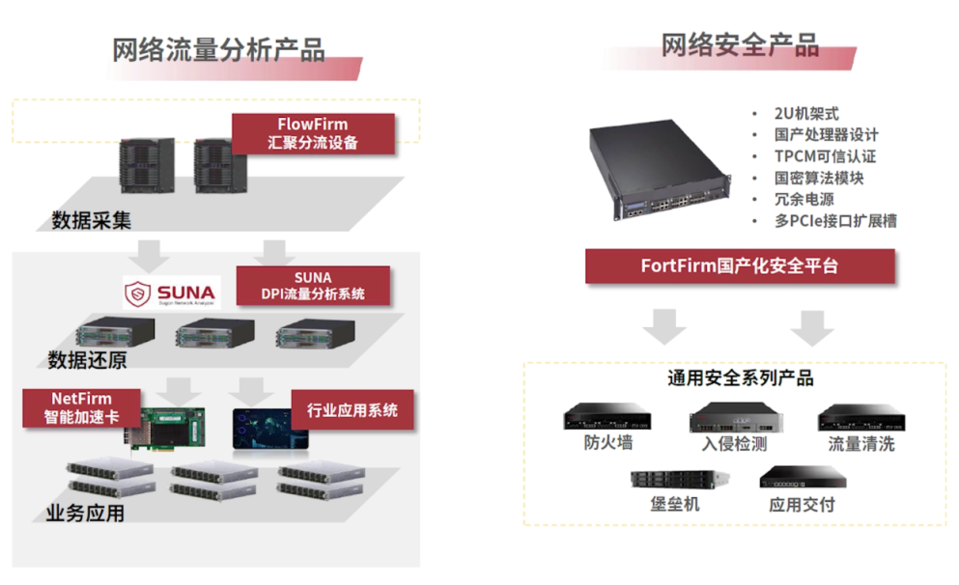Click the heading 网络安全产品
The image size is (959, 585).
click(x=740, y=44)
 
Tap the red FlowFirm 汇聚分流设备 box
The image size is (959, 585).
click(x=313, y=134)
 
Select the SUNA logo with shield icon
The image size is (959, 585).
click(x=171, y=292)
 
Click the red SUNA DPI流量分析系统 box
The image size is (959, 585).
click(x=313, y=286)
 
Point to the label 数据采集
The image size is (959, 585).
click(x=91, y=221)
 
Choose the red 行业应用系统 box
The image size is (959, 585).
click(x=352, y=410)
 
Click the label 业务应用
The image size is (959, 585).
click(x=85, y=514)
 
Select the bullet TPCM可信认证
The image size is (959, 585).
click(x=825, y=156)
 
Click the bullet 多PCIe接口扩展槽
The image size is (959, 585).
click(x=835, y=221)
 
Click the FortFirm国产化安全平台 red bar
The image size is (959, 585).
click(x=740, y=266)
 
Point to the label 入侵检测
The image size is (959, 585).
click(x=734, y=444)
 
